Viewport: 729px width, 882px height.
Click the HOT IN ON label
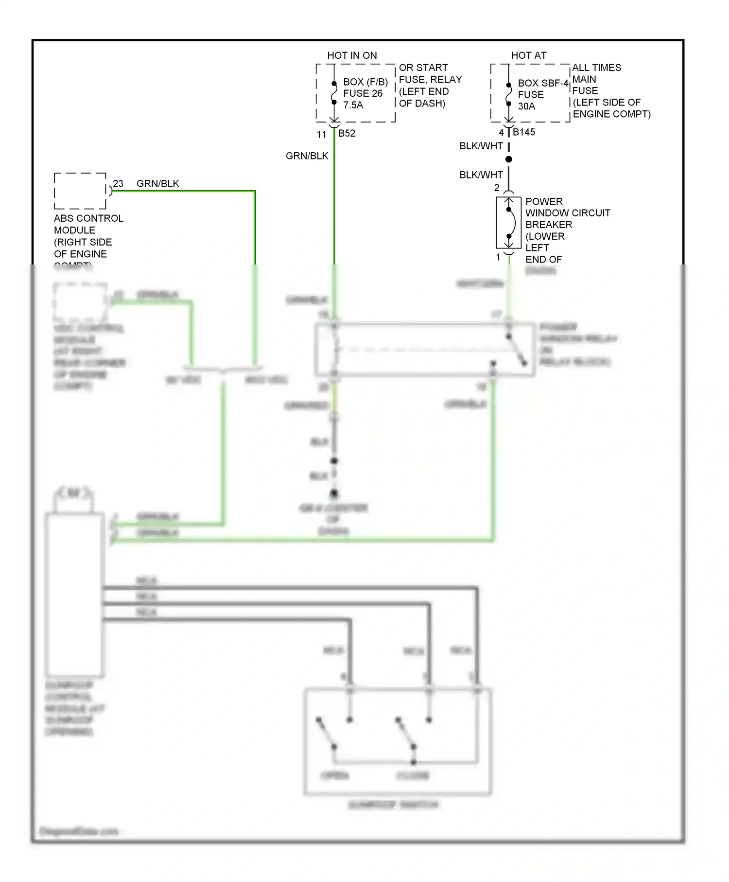tap(352, 55)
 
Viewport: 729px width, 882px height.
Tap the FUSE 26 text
tap(363, 93)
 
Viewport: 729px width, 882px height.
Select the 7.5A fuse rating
tap(353, 105)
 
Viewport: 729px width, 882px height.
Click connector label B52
tap(347, 133)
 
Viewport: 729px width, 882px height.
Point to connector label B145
tap(523, 132)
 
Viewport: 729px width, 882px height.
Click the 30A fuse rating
tap(526, 106)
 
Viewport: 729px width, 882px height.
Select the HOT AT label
tap(528, 55)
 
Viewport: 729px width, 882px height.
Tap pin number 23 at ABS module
tap(118, 183)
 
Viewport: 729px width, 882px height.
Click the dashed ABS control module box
tap(80, 191)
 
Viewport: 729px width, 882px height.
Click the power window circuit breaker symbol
tap(508, 223)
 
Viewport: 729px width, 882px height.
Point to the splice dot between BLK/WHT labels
tap(508, 159)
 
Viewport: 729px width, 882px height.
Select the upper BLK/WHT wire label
tap(481, 146)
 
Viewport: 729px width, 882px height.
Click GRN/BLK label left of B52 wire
tap(307, 156)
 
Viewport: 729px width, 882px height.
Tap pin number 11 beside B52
tap(321, 135)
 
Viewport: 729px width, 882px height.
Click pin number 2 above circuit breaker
tap(497, 188)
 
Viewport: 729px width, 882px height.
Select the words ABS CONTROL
tap(88, 218)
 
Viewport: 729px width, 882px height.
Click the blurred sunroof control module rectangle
tap(74, 595)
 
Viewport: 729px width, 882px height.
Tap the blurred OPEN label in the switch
tap(335, 775)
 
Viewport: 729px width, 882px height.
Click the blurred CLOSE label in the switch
tap(413, 775)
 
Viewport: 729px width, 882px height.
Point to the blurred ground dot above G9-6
tap(334, 494)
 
